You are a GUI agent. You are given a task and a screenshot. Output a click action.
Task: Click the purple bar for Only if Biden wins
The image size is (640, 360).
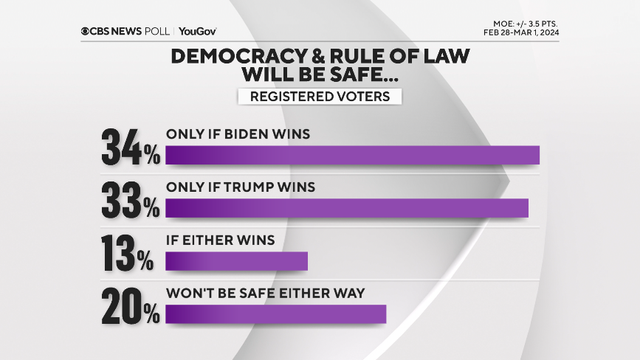coord(352,155)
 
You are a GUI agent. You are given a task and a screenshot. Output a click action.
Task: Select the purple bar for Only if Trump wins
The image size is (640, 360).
coord(347,208)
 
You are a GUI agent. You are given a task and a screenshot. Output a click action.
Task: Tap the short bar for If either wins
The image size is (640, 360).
coord(236,261)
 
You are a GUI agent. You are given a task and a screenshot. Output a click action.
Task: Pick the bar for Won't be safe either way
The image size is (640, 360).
coord(275,314)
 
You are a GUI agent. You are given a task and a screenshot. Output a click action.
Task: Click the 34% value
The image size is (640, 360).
coord(130,148)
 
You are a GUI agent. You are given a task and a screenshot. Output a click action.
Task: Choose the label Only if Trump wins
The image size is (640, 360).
coord(241,187)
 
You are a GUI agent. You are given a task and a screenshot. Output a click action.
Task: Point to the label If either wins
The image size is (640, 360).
coord(220,240)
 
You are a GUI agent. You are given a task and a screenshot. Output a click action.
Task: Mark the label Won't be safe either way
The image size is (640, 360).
coord(266,294)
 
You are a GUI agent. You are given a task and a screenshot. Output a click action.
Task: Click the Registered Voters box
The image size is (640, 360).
coord(320,97)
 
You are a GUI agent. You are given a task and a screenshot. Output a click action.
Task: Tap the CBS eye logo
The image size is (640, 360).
coord(86,31)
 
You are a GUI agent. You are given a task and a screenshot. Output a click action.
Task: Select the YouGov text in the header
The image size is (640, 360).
coord(197,31)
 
